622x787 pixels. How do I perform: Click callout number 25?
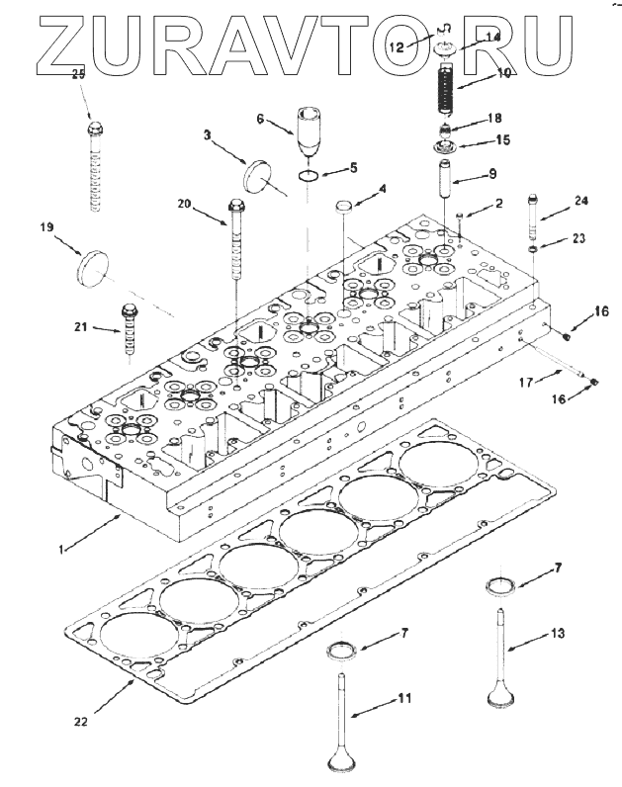click(x=78, y=74)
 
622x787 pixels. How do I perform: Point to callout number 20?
click(x=183, y=204)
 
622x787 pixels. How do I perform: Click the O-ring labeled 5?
click(x=309, y=176)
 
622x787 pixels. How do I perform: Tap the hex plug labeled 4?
click(x=343, y=208)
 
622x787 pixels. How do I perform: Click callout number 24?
click(x=580, y=201)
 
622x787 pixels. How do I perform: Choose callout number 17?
click(x=527, y=380)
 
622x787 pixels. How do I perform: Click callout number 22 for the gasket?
click(x=80, y=722)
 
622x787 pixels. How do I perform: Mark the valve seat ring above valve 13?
click(x=501, y=585)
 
